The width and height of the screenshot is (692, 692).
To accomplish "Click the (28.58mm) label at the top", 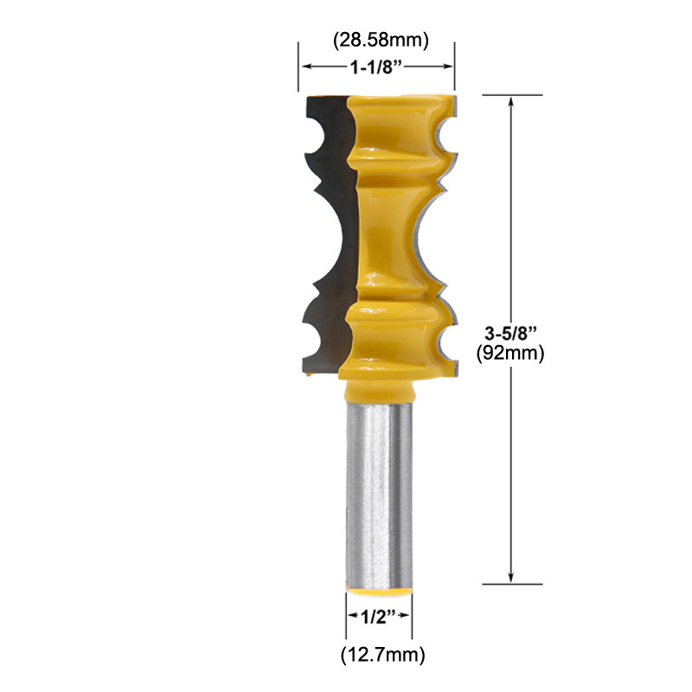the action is click(381, 40).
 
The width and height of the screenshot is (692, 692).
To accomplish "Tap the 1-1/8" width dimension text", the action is click(376, 67).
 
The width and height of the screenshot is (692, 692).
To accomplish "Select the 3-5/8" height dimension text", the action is click(510, 333).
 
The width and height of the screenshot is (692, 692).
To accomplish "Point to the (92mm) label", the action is click(510, 353).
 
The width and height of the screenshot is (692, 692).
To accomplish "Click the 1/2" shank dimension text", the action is click(379, 617).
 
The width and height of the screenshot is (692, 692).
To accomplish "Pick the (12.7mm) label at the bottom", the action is click(383, 655).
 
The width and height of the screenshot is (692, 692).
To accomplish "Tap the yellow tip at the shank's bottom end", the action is click(379, 592).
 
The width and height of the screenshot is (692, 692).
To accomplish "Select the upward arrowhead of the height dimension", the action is click(511, 102).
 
